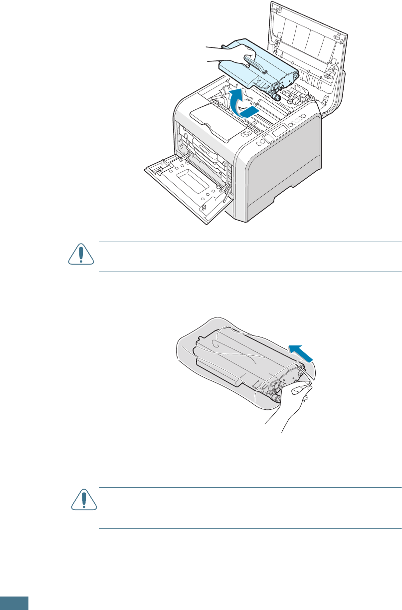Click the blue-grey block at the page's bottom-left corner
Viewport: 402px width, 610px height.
[x=14, y=603]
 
